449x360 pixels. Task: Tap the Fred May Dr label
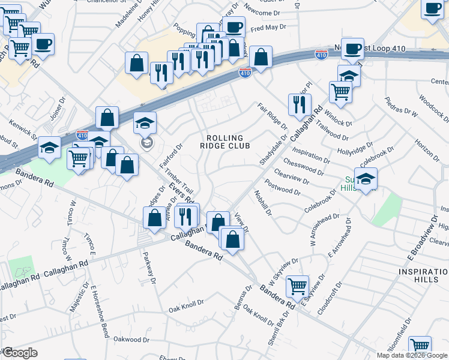click(x=267, y=28)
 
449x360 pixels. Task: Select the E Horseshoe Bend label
click(x=100, y=311)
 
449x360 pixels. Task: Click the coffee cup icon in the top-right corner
click(x=432, y=9)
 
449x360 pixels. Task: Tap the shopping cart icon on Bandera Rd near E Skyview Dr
click(x=297, y=287)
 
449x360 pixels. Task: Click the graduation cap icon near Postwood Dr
click(x=365, y=178)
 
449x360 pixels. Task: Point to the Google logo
click(x=19, y=353)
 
